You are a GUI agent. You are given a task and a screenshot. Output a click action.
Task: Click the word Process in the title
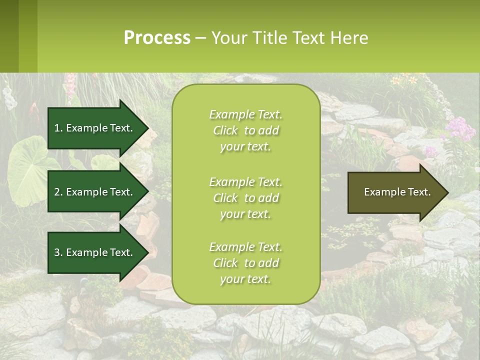[157, 38]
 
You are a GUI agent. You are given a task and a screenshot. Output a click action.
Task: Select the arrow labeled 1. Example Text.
[95, 128]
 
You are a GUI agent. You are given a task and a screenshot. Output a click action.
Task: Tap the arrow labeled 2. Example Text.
[95, 192]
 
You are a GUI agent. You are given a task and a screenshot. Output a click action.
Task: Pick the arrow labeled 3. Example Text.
[95, 252]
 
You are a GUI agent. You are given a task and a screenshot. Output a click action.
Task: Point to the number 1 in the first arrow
[57, 128]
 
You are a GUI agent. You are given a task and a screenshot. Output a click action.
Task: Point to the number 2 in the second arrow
[57, 192]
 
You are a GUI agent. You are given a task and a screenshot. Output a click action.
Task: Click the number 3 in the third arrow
[57, 252]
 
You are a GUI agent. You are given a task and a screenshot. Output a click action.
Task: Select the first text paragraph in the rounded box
[245, 130]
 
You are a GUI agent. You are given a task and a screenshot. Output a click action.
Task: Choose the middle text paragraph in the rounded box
[245, 198]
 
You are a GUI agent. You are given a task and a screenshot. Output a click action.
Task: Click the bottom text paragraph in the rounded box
[245, 263]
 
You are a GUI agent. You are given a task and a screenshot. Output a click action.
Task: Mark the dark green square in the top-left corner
[9, 36]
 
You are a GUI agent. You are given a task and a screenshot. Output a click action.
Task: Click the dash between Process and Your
[201, 38]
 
